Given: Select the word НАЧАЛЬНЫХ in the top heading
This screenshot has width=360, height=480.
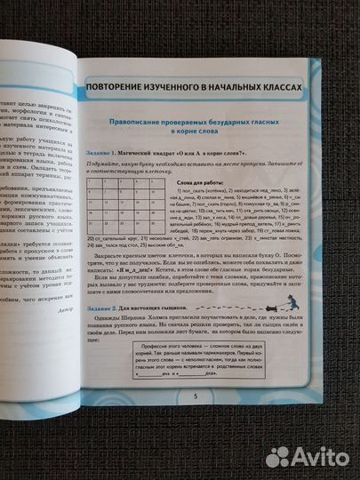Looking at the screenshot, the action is (x=234, y=87).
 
